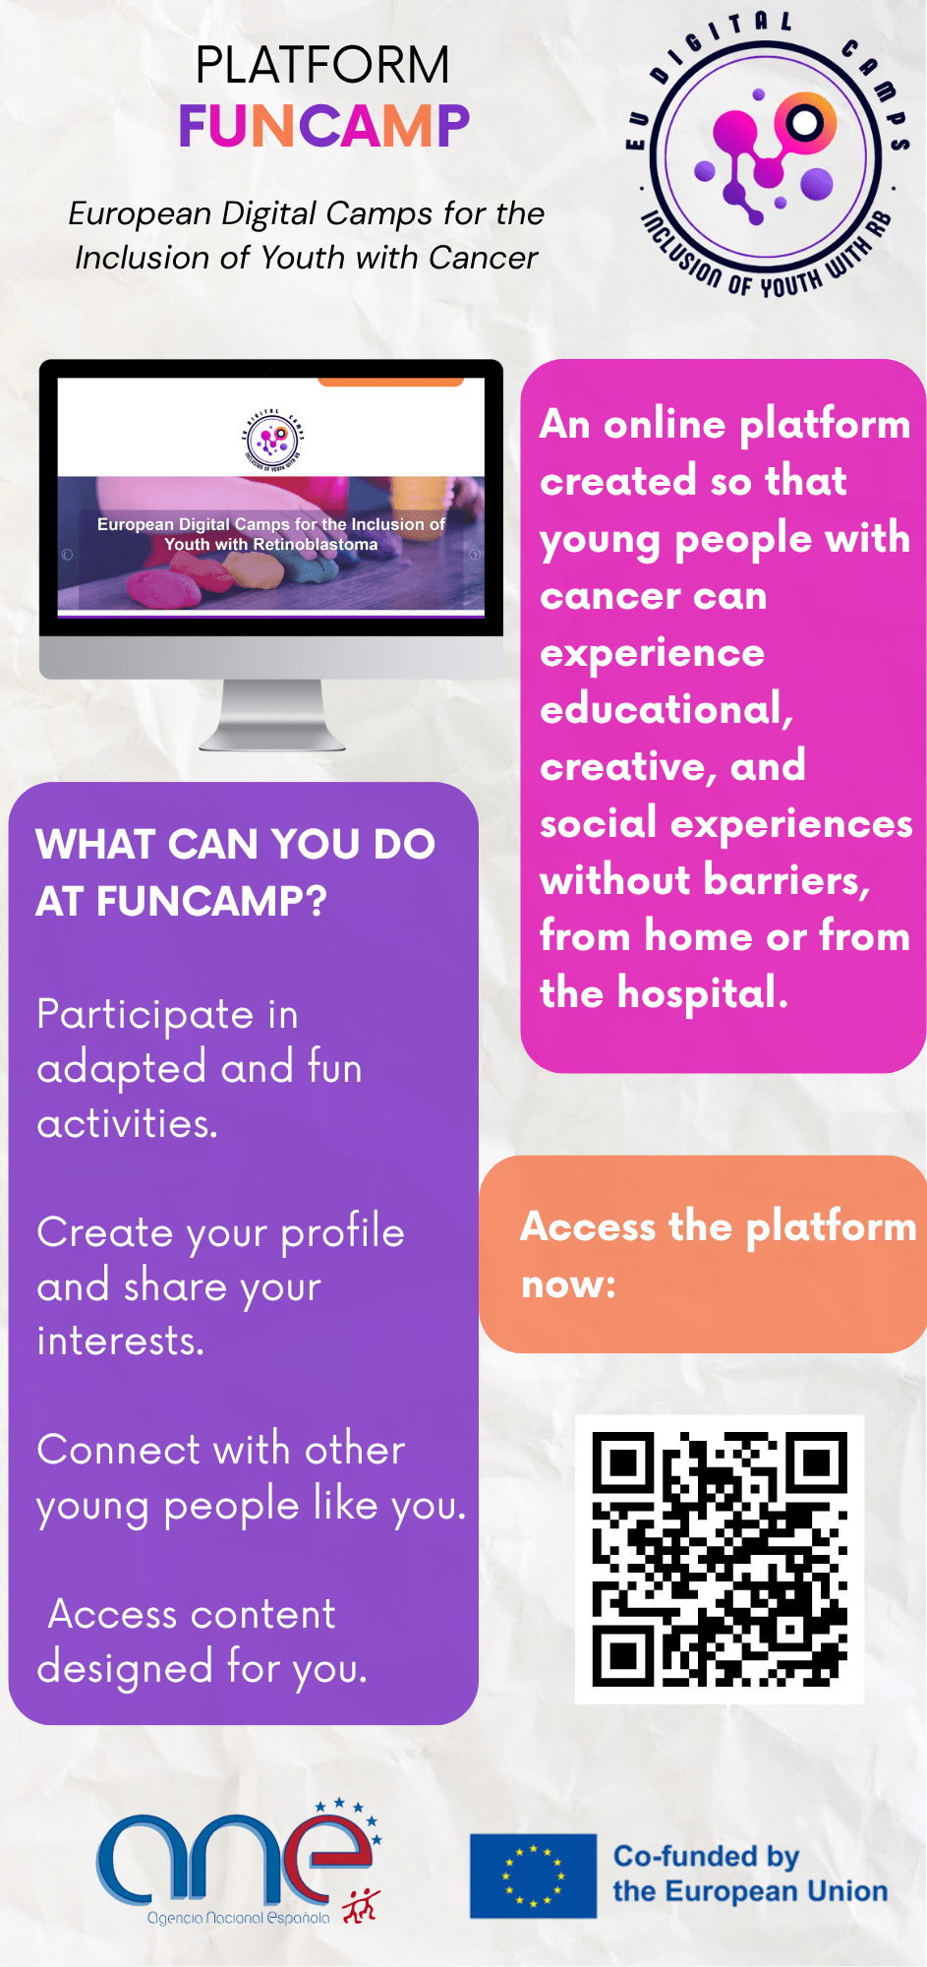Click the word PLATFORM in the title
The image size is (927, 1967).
[x=322, y=66]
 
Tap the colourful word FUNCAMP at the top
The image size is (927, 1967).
[x=324, y=126]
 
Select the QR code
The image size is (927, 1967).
[x=720, y=1559]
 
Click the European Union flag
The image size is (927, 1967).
[x=533, y=1876]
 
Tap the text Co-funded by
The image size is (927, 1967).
[x=706, y=1857]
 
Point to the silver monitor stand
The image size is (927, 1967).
[x=272, y=715]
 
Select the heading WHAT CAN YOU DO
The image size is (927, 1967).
[x=236, y=844]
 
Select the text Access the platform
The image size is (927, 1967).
[x=719, y=1227]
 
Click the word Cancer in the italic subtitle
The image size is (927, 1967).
[x=484, y=258]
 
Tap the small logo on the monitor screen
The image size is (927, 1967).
[x=272, y=440]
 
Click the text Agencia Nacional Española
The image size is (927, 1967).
[x=238, y=1918]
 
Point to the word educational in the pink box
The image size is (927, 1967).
[x=666, y=709]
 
